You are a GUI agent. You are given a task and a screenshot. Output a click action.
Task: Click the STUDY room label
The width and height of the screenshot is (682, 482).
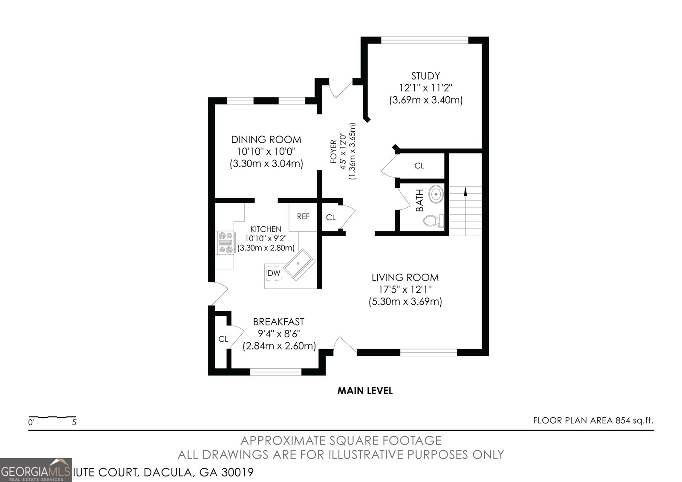[425, 76]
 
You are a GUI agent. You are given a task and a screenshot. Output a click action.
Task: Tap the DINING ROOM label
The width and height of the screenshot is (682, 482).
[266, 140]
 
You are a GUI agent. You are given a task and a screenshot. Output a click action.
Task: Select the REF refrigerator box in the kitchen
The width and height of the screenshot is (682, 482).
[303, 216]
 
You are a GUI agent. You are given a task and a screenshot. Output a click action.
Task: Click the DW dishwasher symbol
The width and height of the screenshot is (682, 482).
[274, 273]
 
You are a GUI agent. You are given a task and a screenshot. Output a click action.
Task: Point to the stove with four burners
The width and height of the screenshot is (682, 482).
[225, 242]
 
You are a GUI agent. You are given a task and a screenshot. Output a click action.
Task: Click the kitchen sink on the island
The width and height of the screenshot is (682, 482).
[299, 264]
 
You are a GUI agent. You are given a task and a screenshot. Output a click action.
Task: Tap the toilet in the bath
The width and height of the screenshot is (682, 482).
[434, 221]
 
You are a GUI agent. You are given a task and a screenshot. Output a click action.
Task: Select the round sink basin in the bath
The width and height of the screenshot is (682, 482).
[436, 194]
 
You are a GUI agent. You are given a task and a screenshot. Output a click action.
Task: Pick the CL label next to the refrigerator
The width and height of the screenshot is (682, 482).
[331, 217]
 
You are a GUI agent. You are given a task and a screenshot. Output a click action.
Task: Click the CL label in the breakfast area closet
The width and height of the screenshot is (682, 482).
[223, 339]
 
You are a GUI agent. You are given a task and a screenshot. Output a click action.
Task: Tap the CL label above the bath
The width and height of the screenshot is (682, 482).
[419, 166]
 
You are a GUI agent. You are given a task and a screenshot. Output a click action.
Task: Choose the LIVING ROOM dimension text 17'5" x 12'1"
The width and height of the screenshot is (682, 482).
[405, 289]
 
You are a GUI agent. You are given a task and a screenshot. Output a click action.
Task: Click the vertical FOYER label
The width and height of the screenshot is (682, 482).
[334, 152]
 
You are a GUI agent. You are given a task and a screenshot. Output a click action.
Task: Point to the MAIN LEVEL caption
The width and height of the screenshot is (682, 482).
[365, 390]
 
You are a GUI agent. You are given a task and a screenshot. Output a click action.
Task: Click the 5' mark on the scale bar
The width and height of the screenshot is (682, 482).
[75, 423]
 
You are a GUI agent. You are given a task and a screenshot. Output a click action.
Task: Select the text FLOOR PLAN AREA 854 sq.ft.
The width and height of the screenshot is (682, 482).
[593, 421]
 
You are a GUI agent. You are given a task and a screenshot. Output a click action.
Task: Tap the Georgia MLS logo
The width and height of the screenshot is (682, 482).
[36, 470]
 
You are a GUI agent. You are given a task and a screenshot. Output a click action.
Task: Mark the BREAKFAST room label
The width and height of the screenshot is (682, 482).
[278, 322]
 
